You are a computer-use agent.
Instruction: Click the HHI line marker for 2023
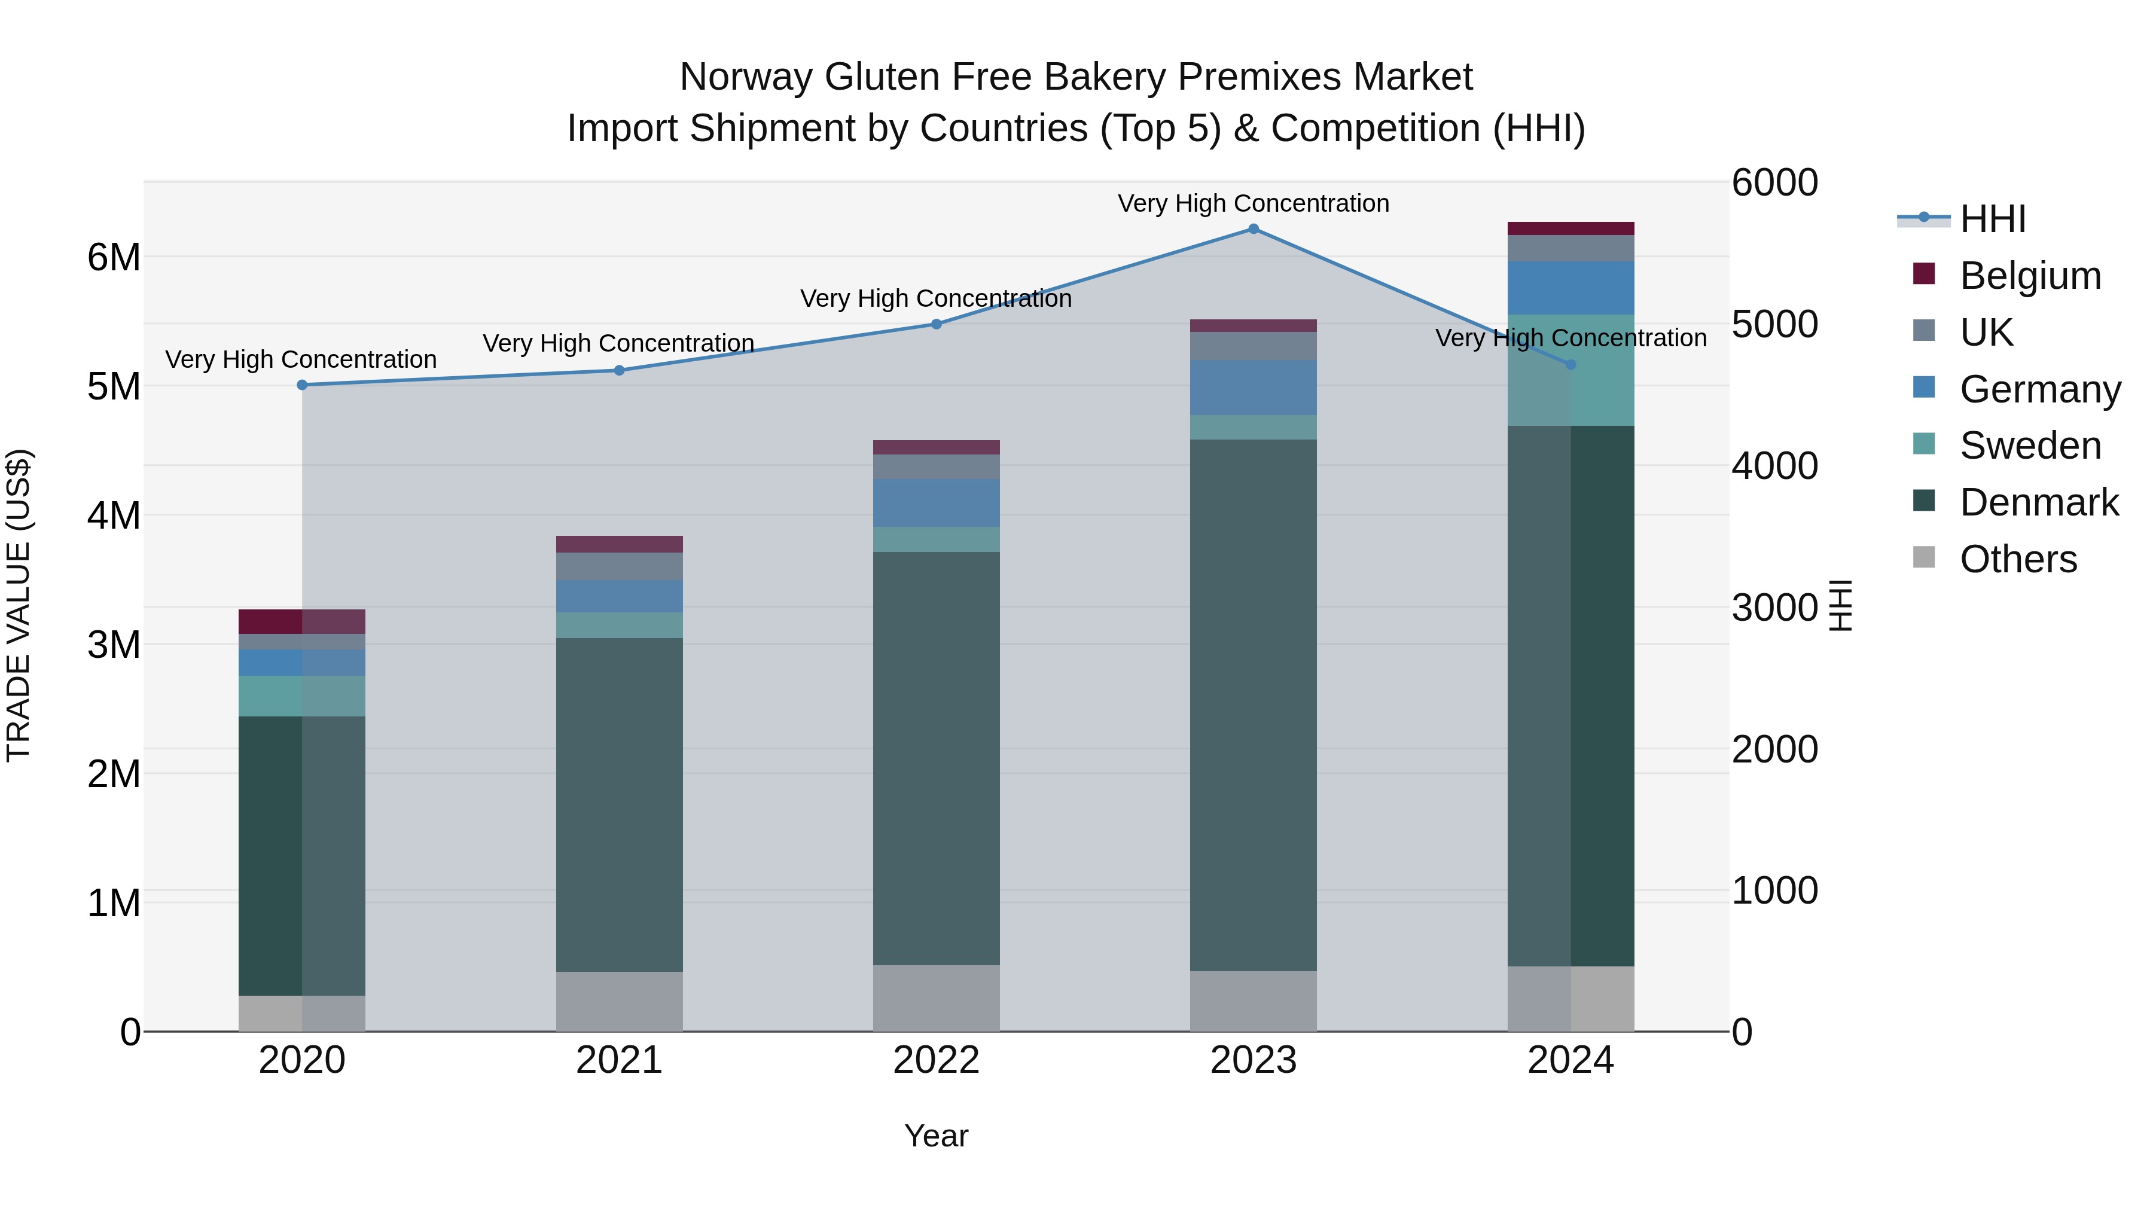(1253, 229)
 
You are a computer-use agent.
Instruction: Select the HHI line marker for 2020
(303, 385)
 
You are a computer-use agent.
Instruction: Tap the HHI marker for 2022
(936, 324)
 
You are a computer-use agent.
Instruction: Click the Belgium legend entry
(2029, 276)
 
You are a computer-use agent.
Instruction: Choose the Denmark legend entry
(2039, 502)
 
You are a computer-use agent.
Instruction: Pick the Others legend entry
(2018, 559)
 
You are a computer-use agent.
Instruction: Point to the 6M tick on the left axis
(114, 257)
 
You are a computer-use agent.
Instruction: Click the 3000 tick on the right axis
(1774, 608)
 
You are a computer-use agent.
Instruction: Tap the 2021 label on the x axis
(620, 1060)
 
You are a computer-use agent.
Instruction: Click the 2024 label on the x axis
(1570, 1060)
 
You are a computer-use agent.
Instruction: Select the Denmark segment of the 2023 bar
(1253, 704)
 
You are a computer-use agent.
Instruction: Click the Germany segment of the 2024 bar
(1570, 288)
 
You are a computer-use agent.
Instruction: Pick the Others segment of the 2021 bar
(620, 1001)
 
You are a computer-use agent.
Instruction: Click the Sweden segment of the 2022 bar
(936, 539)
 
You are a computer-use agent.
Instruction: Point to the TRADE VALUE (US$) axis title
(19, 605)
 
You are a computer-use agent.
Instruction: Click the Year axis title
(936, 1136)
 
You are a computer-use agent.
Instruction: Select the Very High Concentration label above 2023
(1253, 203)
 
